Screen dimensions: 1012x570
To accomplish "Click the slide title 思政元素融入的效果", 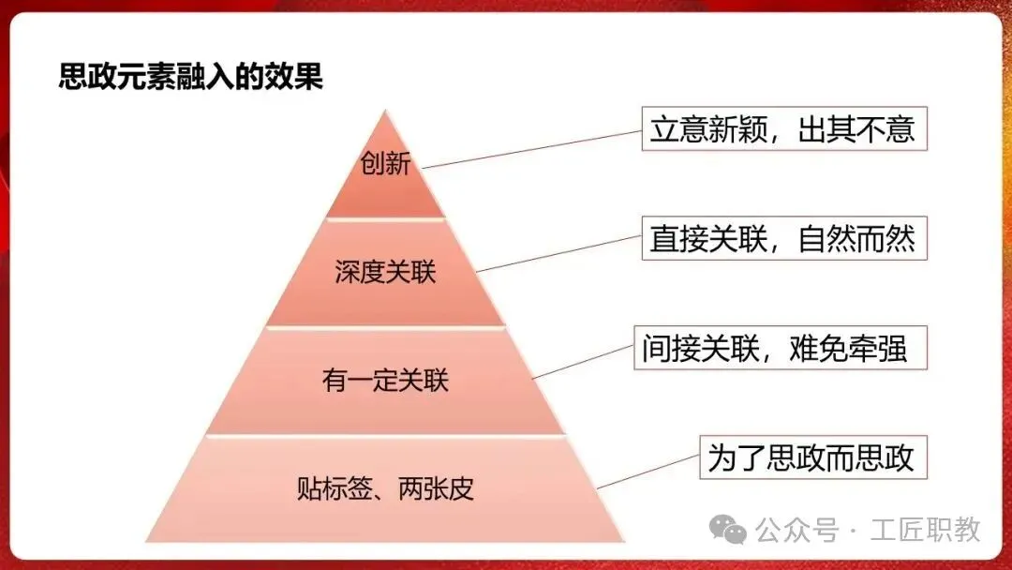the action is (191, 76).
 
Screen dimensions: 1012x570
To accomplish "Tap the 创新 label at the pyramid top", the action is (385, 166).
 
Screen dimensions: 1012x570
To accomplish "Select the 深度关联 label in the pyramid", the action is (385, 273).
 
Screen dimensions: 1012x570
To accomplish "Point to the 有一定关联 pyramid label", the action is (385, 381).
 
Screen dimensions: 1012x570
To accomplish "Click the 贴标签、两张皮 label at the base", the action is (385, 488).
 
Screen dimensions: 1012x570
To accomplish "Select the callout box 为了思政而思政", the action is (812, 459).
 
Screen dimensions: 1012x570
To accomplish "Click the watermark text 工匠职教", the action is (925, 530).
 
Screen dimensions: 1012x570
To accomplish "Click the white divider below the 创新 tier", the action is (385, 218).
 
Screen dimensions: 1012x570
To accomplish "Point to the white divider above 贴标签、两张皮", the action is (385, 435).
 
